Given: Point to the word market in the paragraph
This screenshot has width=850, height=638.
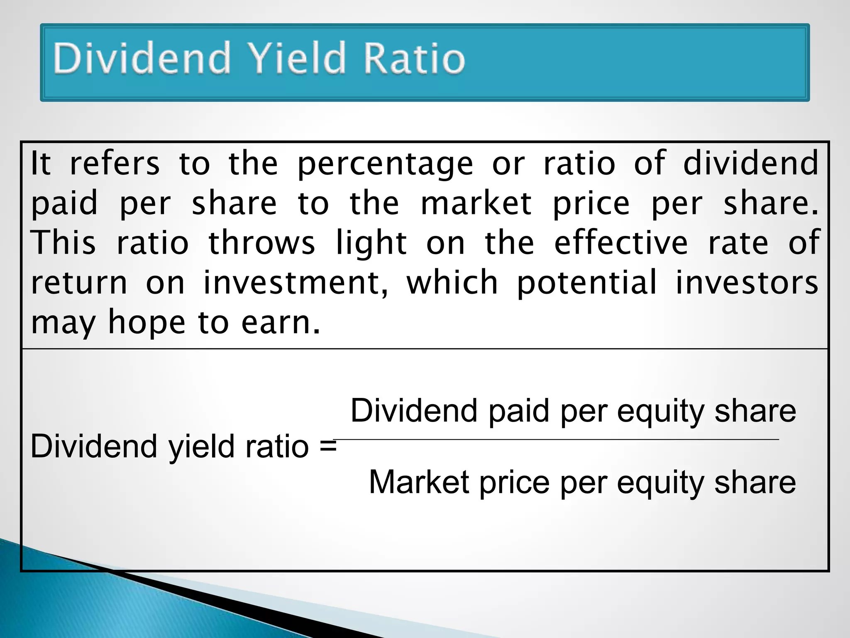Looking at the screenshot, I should click(476, 204).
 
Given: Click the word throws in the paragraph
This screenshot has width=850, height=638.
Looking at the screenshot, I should click(261, 243).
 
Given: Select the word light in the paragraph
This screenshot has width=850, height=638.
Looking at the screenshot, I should click(371, 243).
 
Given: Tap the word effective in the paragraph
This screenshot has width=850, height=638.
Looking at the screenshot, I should click(621, 243).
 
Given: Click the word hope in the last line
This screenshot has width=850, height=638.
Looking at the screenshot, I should click(146, 323).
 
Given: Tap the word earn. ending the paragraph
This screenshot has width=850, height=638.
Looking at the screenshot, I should click(281, 323).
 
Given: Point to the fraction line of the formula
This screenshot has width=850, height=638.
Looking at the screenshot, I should click(556, 439).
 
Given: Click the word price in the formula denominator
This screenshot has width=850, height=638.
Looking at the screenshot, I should click(515, 483).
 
